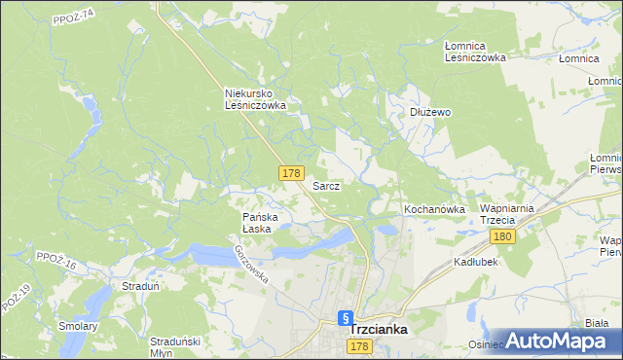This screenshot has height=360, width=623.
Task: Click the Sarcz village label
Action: (326, 185)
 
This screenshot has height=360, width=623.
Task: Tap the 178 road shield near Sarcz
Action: (291, 172)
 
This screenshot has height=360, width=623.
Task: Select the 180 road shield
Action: (502, 237)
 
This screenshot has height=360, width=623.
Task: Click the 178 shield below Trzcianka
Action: (359, 347)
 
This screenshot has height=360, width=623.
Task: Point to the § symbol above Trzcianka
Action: (345, 317)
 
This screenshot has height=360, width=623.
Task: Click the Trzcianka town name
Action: (379, 330)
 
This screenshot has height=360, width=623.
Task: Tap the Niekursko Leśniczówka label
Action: (255, 99)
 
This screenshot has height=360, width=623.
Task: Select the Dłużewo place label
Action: (429, 112)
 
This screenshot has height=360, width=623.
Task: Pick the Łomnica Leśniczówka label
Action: (475, 52)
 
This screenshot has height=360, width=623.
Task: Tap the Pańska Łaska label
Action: (260, 223)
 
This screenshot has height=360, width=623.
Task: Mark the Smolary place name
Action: (78, 326)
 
